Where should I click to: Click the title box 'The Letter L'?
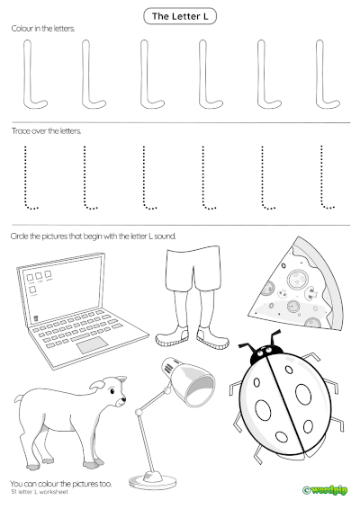coord(180,16)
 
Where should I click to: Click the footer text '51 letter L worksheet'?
coord(41,492)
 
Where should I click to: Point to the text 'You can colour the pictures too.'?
coord(61,483)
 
